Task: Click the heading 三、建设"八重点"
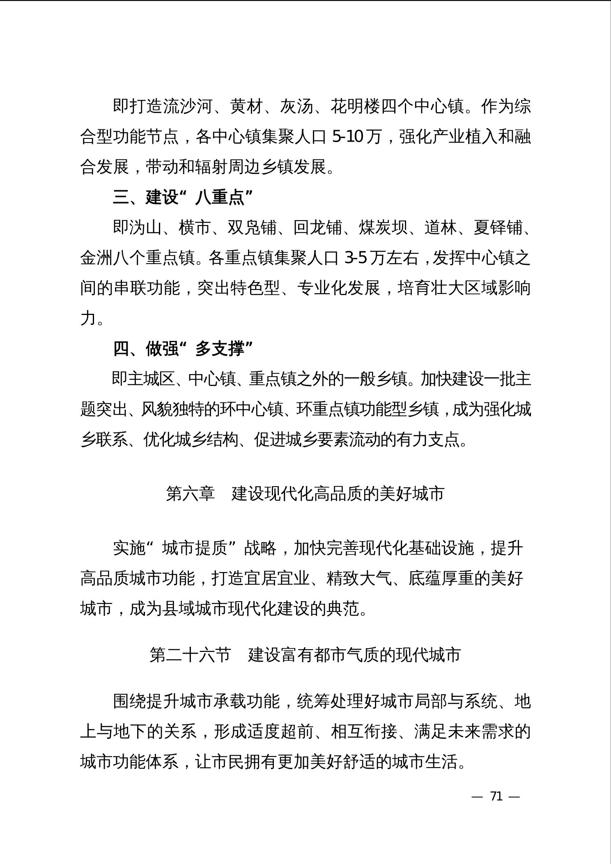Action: point(183,198)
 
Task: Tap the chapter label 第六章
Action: point(190,493)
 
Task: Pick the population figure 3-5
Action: point(356,258)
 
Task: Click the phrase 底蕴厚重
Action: point(441,579)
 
